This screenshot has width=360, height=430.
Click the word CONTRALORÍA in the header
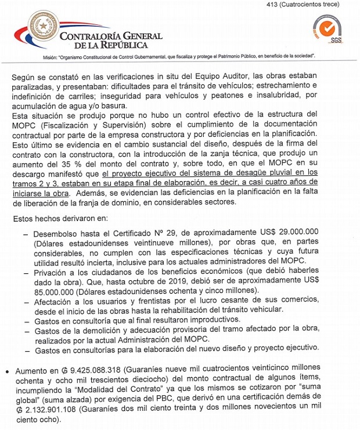click(x=95, y=35)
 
